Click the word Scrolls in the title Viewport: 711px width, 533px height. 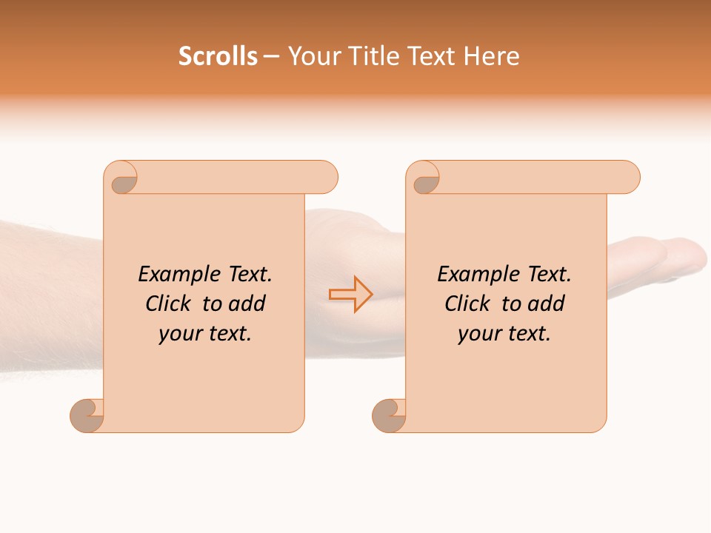[x=218, y=56]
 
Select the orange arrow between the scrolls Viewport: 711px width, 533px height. [x=351, y=294]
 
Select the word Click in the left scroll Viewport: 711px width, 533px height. [x=170, y=304]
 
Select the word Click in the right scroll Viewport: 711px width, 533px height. [x=470, y=304]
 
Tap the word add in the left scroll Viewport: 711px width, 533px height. [x=247, y=304]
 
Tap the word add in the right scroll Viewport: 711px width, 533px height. [x=547, y=304]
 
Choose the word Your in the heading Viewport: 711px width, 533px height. [x=311, y=56]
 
